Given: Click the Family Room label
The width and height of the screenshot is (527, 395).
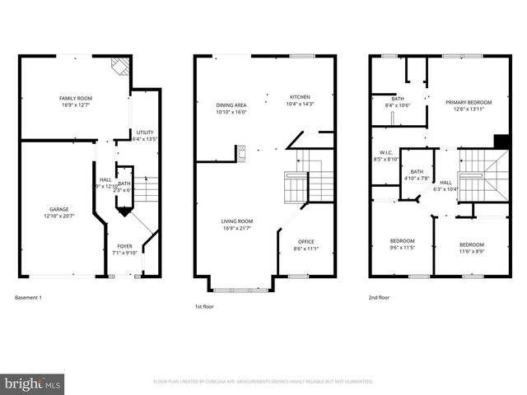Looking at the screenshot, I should (74, 98).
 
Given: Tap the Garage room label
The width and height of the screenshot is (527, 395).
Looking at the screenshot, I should (58, 209).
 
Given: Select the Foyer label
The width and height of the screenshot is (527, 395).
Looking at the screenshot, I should (124, 246).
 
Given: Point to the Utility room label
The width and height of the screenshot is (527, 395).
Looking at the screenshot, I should (145, 132).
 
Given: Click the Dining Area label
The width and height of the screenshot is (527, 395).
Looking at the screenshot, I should (231, 105).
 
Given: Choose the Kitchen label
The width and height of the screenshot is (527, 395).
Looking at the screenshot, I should (299, 97).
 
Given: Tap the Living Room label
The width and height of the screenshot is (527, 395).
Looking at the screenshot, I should (236, 221).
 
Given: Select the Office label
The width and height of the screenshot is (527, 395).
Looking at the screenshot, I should (305, 241).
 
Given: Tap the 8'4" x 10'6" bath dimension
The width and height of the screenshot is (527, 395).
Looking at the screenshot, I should (398, 105).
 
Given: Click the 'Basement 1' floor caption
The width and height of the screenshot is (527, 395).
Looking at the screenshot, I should (28, 297).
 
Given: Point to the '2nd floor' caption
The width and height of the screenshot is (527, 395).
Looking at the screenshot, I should (378, 297).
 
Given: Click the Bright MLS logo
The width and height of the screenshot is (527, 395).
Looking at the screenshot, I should (33, 383).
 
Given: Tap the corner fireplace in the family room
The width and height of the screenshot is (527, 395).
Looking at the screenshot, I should (120, 65).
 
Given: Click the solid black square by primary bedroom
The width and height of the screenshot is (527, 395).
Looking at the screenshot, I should (499, 141).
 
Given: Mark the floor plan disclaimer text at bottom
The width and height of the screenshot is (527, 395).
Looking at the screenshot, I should (263, 382).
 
